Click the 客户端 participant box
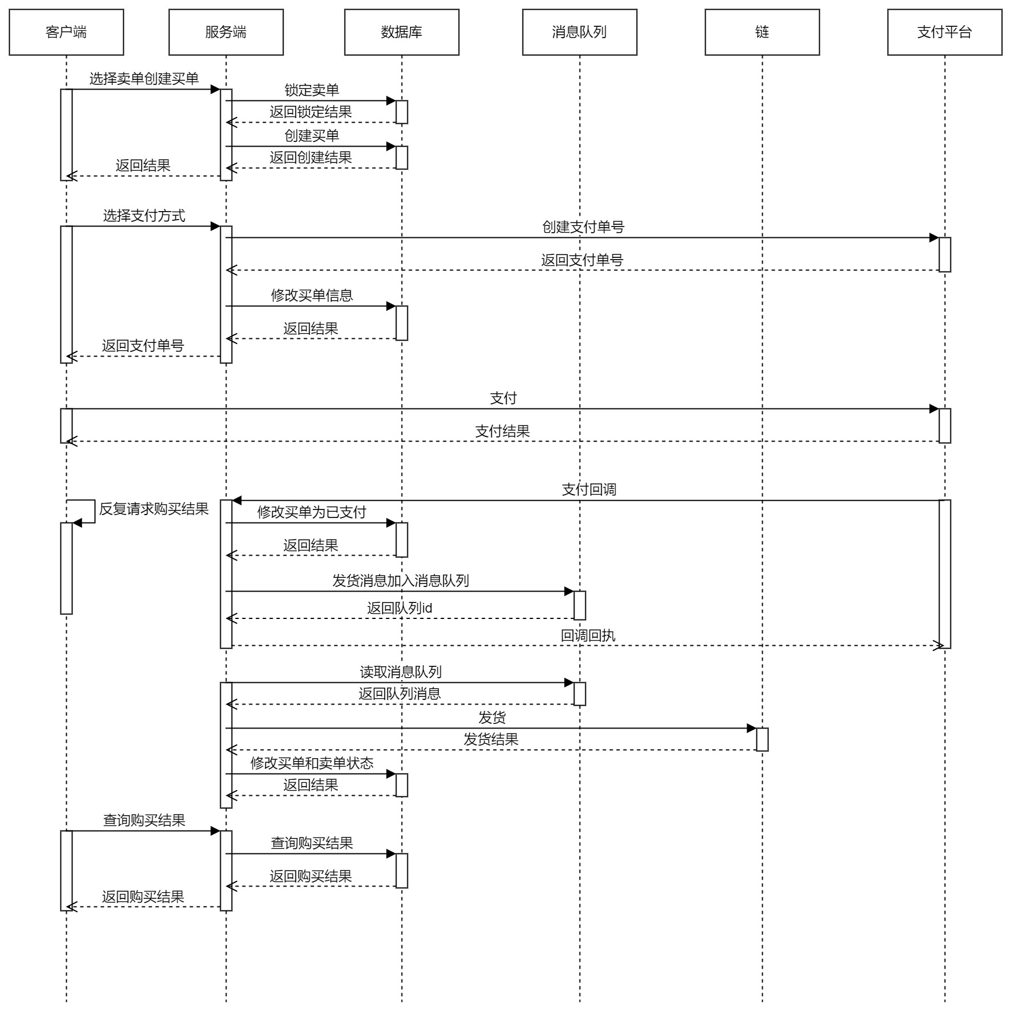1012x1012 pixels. pyautogui.click(x=66, y=32)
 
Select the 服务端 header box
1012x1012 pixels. pyautogui.click(x=226, y=32)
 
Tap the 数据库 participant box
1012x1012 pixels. pyautogui.click(x=402, y=32)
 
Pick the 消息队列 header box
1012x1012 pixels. pyautogui.click(x=580, y=32)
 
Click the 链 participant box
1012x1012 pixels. pyautogui.click(x=762, y=32)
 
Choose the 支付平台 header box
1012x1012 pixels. pyautogui.click(x=945, y=32)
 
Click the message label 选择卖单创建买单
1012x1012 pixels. pyautogui.click(x=144, y=79)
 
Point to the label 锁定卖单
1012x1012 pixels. pyautogui.click(x=311, y=90)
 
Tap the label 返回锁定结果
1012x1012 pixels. pyautogui.click(x=311, y=112)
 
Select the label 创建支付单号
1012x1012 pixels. pyautogui.click(x=583, y=227)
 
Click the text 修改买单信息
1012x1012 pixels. pyautogui.click(x=311, y=295)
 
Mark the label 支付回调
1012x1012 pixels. pyautogui.click(x=589, y=489)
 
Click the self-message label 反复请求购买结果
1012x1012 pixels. pyautogui.click(x=154, y=509)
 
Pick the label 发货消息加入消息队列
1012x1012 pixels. pyautogui.click(x=400, y=581)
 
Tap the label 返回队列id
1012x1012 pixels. pyautogui.click(x=399, y=608)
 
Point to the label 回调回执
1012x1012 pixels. pyautogui.click(x=588, y=635)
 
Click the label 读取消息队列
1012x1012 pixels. pyautogui.click(x=400, y=672)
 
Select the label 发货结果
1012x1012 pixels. pyautogui.click(x=491, y=739)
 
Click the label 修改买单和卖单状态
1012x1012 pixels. pyautogui.click(x=311, y=763)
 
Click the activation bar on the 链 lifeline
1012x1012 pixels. pyautogui.click(x=762, y=739)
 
